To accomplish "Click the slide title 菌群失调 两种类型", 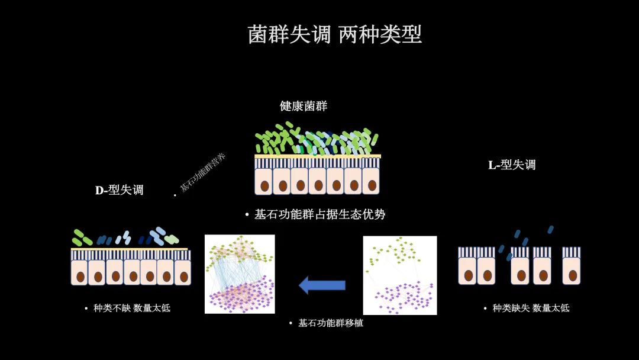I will click(334, 34).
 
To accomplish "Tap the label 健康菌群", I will click(304, 106).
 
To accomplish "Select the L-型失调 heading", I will click(512, 165).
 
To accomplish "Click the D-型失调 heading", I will click(120, 190).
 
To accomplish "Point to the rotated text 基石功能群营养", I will click(203, 172).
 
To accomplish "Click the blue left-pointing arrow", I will click(322, 285).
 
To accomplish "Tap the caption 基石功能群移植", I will click(330, 323).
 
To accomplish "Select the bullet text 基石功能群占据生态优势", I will click(319, 214).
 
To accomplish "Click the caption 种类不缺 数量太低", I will click(131, 308).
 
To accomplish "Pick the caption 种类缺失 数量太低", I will click(531, 308).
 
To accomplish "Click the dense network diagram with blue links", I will click(240, 274).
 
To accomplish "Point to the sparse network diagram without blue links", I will click(399, 275).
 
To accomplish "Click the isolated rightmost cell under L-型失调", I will click(571, 271).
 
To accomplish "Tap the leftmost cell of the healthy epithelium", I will click(263, 181).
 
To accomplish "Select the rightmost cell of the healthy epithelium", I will click(371, 181).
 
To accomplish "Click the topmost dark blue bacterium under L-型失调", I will click(551, 229).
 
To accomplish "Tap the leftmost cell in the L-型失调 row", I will click(467, 271).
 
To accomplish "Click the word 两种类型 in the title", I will click(380, 34).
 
